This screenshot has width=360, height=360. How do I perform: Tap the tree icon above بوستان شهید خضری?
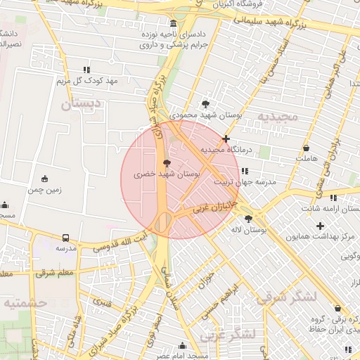tap(167, 162)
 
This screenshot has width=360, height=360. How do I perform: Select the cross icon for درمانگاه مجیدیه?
tap(226, 139)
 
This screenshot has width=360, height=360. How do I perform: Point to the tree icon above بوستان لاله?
tap(247, 219)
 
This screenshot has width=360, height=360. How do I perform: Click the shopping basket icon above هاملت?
tap(307, 148)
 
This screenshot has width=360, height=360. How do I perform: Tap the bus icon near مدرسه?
tap(66, 238)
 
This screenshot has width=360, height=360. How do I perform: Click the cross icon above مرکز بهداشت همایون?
tap(321, 226)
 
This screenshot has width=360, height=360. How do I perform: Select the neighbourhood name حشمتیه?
tap(25, 303)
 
